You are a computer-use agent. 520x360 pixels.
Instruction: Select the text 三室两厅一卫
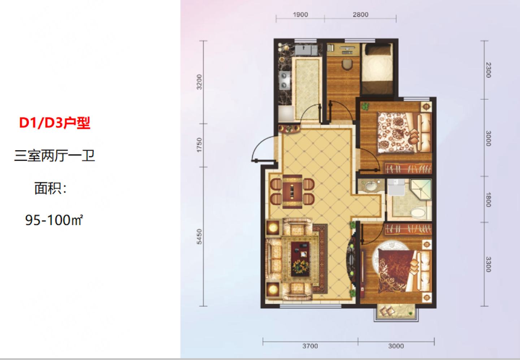click(55, 155)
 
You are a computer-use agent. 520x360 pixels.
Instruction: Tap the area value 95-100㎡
click(54, 220)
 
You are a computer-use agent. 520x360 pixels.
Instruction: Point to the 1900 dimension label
click(300, 14)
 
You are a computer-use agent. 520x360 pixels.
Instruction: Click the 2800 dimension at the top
click(360, 14)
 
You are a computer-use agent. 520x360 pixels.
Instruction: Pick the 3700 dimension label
click(310, 346)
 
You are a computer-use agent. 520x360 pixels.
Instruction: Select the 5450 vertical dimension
click(199, 237)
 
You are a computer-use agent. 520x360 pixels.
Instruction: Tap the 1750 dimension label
click(199, 145)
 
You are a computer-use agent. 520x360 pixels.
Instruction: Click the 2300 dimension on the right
click(489, 70)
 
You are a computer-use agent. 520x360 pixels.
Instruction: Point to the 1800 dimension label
click(489, 200)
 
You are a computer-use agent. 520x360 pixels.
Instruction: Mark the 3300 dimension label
click(489, 264)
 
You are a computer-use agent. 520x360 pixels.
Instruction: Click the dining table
click(292, 192)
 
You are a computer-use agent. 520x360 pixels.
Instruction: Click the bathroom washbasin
click(371, 186)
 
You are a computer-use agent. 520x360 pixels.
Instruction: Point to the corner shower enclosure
click(421, 190)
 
